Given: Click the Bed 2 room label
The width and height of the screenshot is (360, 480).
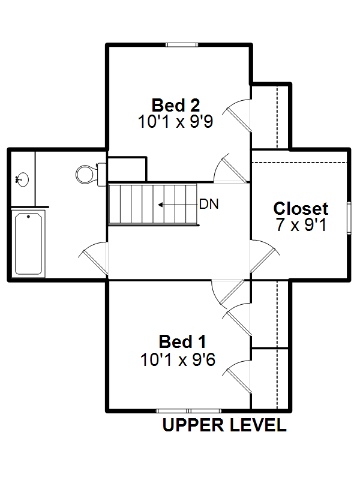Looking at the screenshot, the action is coord(176,106).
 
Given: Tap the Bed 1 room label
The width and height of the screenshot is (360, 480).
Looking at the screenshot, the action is coord(182,341).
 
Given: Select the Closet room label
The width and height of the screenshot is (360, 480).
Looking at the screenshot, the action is coord(301,208).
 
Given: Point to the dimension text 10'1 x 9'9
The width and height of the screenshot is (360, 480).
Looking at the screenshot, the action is coord(175,122).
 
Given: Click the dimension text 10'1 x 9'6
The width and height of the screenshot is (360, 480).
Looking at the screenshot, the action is coord(178,359).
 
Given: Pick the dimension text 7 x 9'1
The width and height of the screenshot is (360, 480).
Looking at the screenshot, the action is coord(302,224).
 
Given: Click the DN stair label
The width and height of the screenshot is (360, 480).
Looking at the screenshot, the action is coord(209,204).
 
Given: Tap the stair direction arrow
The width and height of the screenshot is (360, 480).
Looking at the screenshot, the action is coord(177,205).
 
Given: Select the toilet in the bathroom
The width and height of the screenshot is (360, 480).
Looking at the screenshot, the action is coord(91,175).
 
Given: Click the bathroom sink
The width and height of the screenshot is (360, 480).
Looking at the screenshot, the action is coord(22,179).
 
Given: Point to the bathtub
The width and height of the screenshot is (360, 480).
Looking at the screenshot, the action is coord(28,244).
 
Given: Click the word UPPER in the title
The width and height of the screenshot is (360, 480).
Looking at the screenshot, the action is coord(193,425).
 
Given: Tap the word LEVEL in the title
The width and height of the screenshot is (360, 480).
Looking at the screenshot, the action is coord(258,425).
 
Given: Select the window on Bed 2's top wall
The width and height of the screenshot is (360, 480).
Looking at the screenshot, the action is coord(182,45).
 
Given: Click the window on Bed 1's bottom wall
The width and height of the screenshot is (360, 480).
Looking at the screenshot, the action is coord(188,411).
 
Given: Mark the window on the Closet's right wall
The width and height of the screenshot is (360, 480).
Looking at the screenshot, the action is coord(349,218).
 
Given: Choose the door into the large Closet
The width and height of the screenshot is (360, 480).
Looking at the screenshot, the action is coord(265,256).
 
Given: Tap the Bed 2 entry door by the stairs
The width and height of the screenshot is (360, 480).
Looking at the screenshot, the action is coord(230,168).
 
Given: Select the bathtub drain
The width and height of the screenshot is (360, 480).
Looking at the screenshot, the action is coord(28,217).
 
